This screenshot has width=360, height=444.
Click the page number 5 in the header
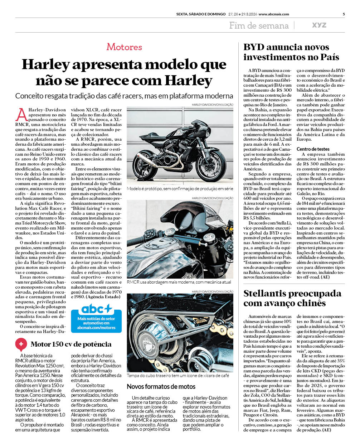[x=344, y=14]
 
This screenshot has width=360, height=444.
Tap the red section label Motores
[x=124, y=47]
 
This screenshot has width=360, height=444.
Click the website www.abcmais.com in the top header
[x=274, y=14]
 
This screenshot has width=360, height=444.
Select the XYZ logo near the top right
[x=319, y=25]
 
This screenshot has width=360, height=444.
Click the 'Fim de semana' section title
[x=259, y=25]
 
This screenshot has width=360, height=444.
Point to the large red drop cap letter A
[x=21, y=115]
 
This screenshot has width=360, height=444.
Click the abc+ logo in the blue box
[x=96, y=309]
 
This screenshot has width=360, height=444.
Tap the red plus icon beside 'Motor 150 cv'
[x=21, y=344]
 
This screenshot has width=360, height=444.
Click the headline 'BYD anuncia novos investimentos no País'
[x=291, y=52]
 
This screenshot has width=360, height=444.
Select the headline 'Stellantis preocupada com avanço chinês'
[x=292, y=298]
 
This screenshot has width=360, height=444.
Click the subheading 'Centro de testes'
[x=313, y=149]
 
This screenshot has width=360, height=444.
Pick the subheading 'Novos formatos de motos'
[x=161, y=387]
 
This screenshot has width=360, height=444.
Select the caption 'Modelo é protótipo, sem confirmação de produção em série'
[x=180, y=189]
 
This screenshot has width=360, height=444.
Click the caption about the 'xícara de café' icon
[x=178, y=376]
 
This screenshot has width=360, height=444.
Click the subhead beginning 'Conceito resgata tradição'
[x=124, y=96]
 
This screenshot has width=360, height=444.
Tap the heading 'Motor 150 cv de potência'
[x=71, y=344]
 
